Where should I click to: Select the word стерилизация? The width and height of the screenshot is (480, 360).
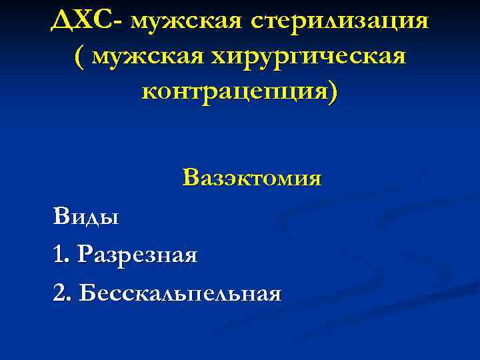coord(341,21)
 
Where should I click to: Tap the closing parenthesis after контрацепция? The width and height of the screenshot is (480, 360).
coord(333,92)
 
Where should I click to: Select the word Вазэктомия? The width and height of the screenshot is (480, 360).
coord(251,178)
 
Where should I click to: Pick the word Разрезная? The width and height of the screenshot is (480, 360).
coord(137,254)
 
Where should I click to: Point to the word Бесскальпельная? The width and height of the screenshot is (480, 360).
coord(179,293)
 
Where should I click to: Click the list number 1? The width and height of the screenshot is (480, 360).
coord(61,254)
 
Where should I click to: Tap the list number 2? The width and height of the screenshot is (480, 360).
coord(61,293)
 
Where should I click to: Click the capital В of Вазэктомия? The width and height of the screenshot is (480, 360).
coord(190,178)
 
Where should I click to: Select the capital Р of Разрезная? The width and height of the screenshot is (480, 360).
coord(85,254)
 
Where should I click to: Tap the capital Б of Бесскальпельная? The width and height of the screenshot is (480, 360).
coord(86,293)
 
